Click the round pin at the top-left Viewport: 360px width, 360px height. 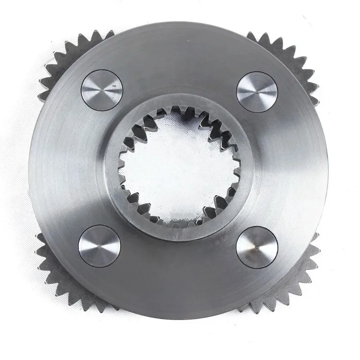click(x=102, y=90)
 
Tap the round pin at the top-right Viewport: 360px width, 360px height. click(x=258, y=90)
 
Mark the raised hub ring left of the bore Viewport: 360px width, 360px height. click(x=112, y=171)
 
